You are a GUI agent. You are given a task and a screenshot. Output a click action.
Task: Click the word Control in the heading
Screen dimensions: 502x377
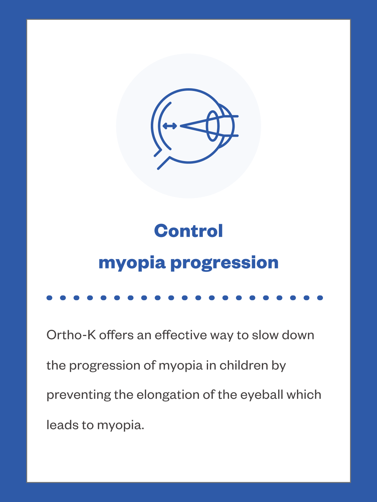coord(188,231)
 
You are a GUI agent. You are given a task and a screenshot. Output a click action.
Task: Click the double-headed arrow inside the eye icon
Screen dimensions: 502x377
coord(170,126)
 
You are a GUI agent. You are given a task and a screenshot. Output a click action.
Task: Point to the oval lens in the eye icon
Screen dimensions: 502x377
coord(212,126)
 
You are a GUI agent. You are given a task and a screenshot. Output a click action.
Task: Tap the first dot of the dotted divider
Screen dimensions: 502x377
coord(49,298)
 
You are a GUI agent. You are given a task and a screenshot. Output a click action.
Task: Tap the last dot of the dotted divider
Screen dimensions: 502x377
coord(320,298)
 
